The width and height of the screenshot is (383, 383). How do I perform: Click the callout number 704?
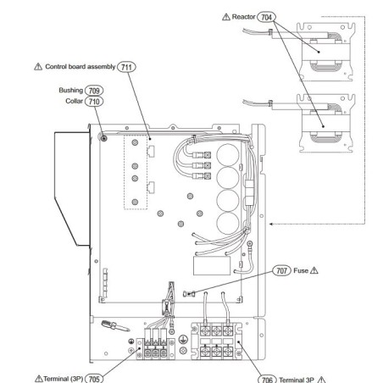click(x=266, y=17)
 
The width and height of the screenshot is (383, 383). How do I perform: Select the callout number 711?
click(x=126, y=67)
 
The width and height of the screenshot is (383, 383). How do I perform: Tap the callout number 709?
click(x=94, y=91)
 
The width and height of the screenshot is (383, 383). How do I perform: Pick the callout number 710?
click(x=94, y=102)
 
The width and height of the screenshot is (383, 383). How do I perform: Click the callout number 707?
click(x=281, y=270)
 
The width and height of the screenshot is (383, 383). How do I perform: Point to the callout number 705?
click(x=94, y=379)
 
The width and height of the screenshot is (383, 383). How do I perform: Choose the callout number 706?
click(x=267, y=380)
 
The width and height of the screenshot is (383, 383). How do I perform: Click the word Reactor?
click(x=243, y=17)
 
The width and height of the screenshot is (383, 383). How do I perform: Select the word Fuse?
click(x=301, y=270)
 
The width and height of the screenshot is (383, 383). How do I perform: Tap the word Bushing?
click(x=71, y=91)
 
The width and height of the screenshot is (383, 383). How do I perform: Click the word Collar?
click(x=75, y=101)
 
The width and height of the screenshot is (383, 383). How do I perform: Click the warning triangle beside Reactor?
click(x=226, y=17)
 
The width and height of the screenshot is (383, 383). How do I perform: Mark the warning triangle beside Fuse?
click(x=314, y=270)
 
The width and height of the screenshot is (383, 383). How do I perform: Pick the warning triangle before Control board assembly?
click(x=38, y=67)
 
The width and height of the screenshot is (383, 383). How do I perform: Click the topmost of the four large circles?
click(x=228, y=155)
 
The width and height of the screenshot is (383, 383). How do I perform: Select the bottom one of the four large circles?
click(x=228, y=223)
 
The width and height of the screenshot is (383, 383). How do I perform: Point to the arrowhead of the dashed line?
click(x=271, y=224)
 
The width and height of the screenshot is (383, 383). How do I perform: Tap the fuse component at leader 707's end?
click(x=189, y=294)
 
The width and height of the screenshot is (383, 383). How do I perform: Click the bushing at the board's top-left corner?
click(x=103, y=138)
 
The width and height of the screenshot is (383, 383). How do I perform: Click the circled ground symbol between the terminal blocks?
click(x=183, y=339)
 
